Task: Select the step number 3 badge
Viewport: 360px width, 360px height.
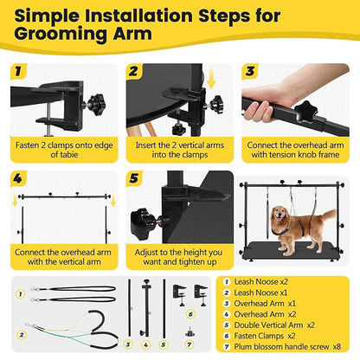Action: (248, 71)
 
